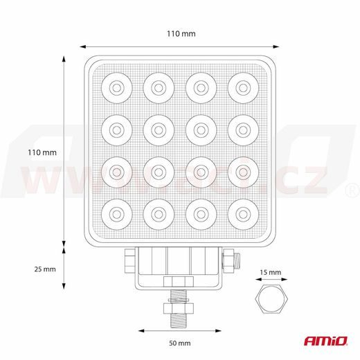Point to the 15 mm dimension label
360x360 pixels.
pos(271,272)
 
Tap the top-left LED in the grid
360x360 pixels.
pos(114,88)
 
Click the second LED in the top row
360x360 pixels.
pos(157,88)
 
